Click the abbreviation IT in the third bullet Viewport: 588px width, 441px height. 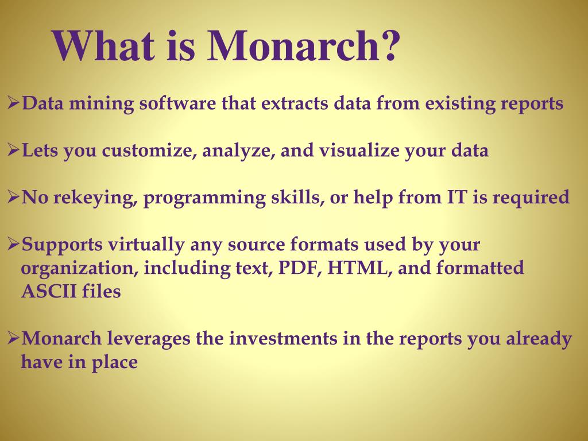tap(451, 198)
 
